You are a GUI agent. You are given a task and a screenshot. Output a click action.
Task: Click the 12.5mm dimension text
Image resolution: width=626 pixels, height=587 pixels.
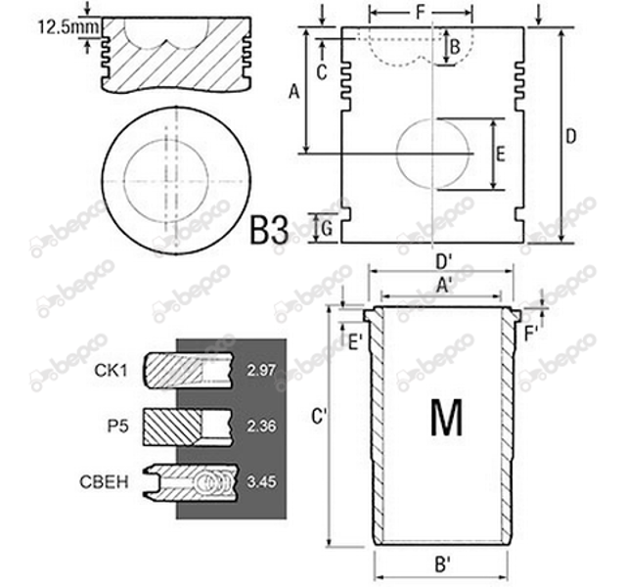pyautogui.click(x=68, y=27)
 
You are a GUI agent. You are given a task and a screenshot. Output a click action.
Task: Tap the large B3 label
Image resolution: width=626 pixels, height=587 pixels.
pyautogui.click(x=269, y=230)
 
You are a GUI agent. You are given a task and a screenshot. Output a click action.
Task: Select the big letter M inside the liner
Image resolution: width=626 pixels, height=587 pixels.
pyautogui.click(x=447, y=417)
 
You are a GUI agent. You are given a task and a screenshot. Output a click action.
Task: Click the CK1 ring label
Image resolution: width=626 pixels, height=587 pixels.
pyautogui.click(x=111, y=371)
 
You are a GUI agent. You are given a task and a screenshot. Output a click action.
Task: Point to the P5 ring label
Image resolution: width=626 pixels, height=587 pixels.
pyautogui.click(x=117, y=427)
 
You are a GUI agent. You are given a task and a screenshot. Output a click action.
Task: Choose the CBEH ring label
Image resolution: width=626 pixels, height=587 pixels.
pyautogui.click(x=105, y=482)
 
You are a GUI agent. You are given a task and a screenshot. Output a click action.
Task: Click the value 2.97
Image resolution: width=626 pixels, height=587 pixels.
pyautogui.click(x=261, y=371)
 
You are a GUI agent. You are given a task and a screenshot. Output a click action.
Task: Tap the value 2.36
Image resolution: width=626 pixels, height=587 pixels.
pyautogui.click(x=261, y=427)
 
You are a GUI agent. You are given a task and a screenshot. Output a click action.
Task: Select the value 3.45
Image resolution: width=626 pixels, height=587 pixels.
pyautogui.click(x=261, y=482)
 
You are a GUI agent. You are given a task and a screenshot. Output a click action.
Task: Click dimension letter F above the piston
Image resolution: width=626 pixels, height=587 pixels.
pyautogui.click(x=420, y=12)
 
